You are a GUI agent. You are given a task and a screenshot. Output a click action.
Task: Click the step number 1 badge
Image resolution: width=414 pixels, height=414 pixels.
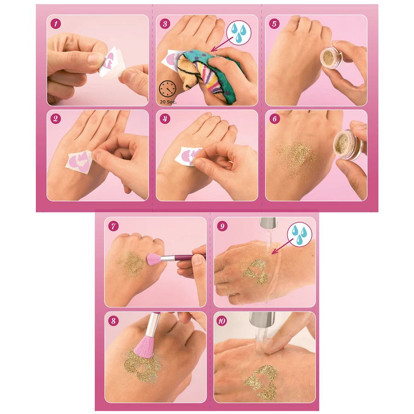(55, 23)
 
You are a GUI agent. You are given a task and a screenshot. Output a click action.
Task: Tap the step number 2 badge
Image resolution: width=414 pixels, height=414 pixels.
(55, 119)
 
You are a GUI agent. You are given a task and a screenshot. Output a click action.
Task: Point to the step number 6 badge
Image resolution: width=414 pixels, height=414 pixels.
(275, 119)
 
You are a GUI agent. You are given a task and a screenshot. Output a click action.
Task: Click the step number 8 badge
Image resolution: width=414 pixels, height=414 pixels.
(113, 321)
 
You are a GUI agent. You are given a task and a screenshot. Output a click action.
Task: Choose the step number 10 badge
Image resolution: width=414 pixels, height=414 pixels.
(223, 321)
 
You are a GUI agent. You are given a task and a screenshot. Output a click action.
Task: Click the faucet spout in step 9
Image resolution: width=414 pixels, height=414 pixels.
(268, 223)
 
